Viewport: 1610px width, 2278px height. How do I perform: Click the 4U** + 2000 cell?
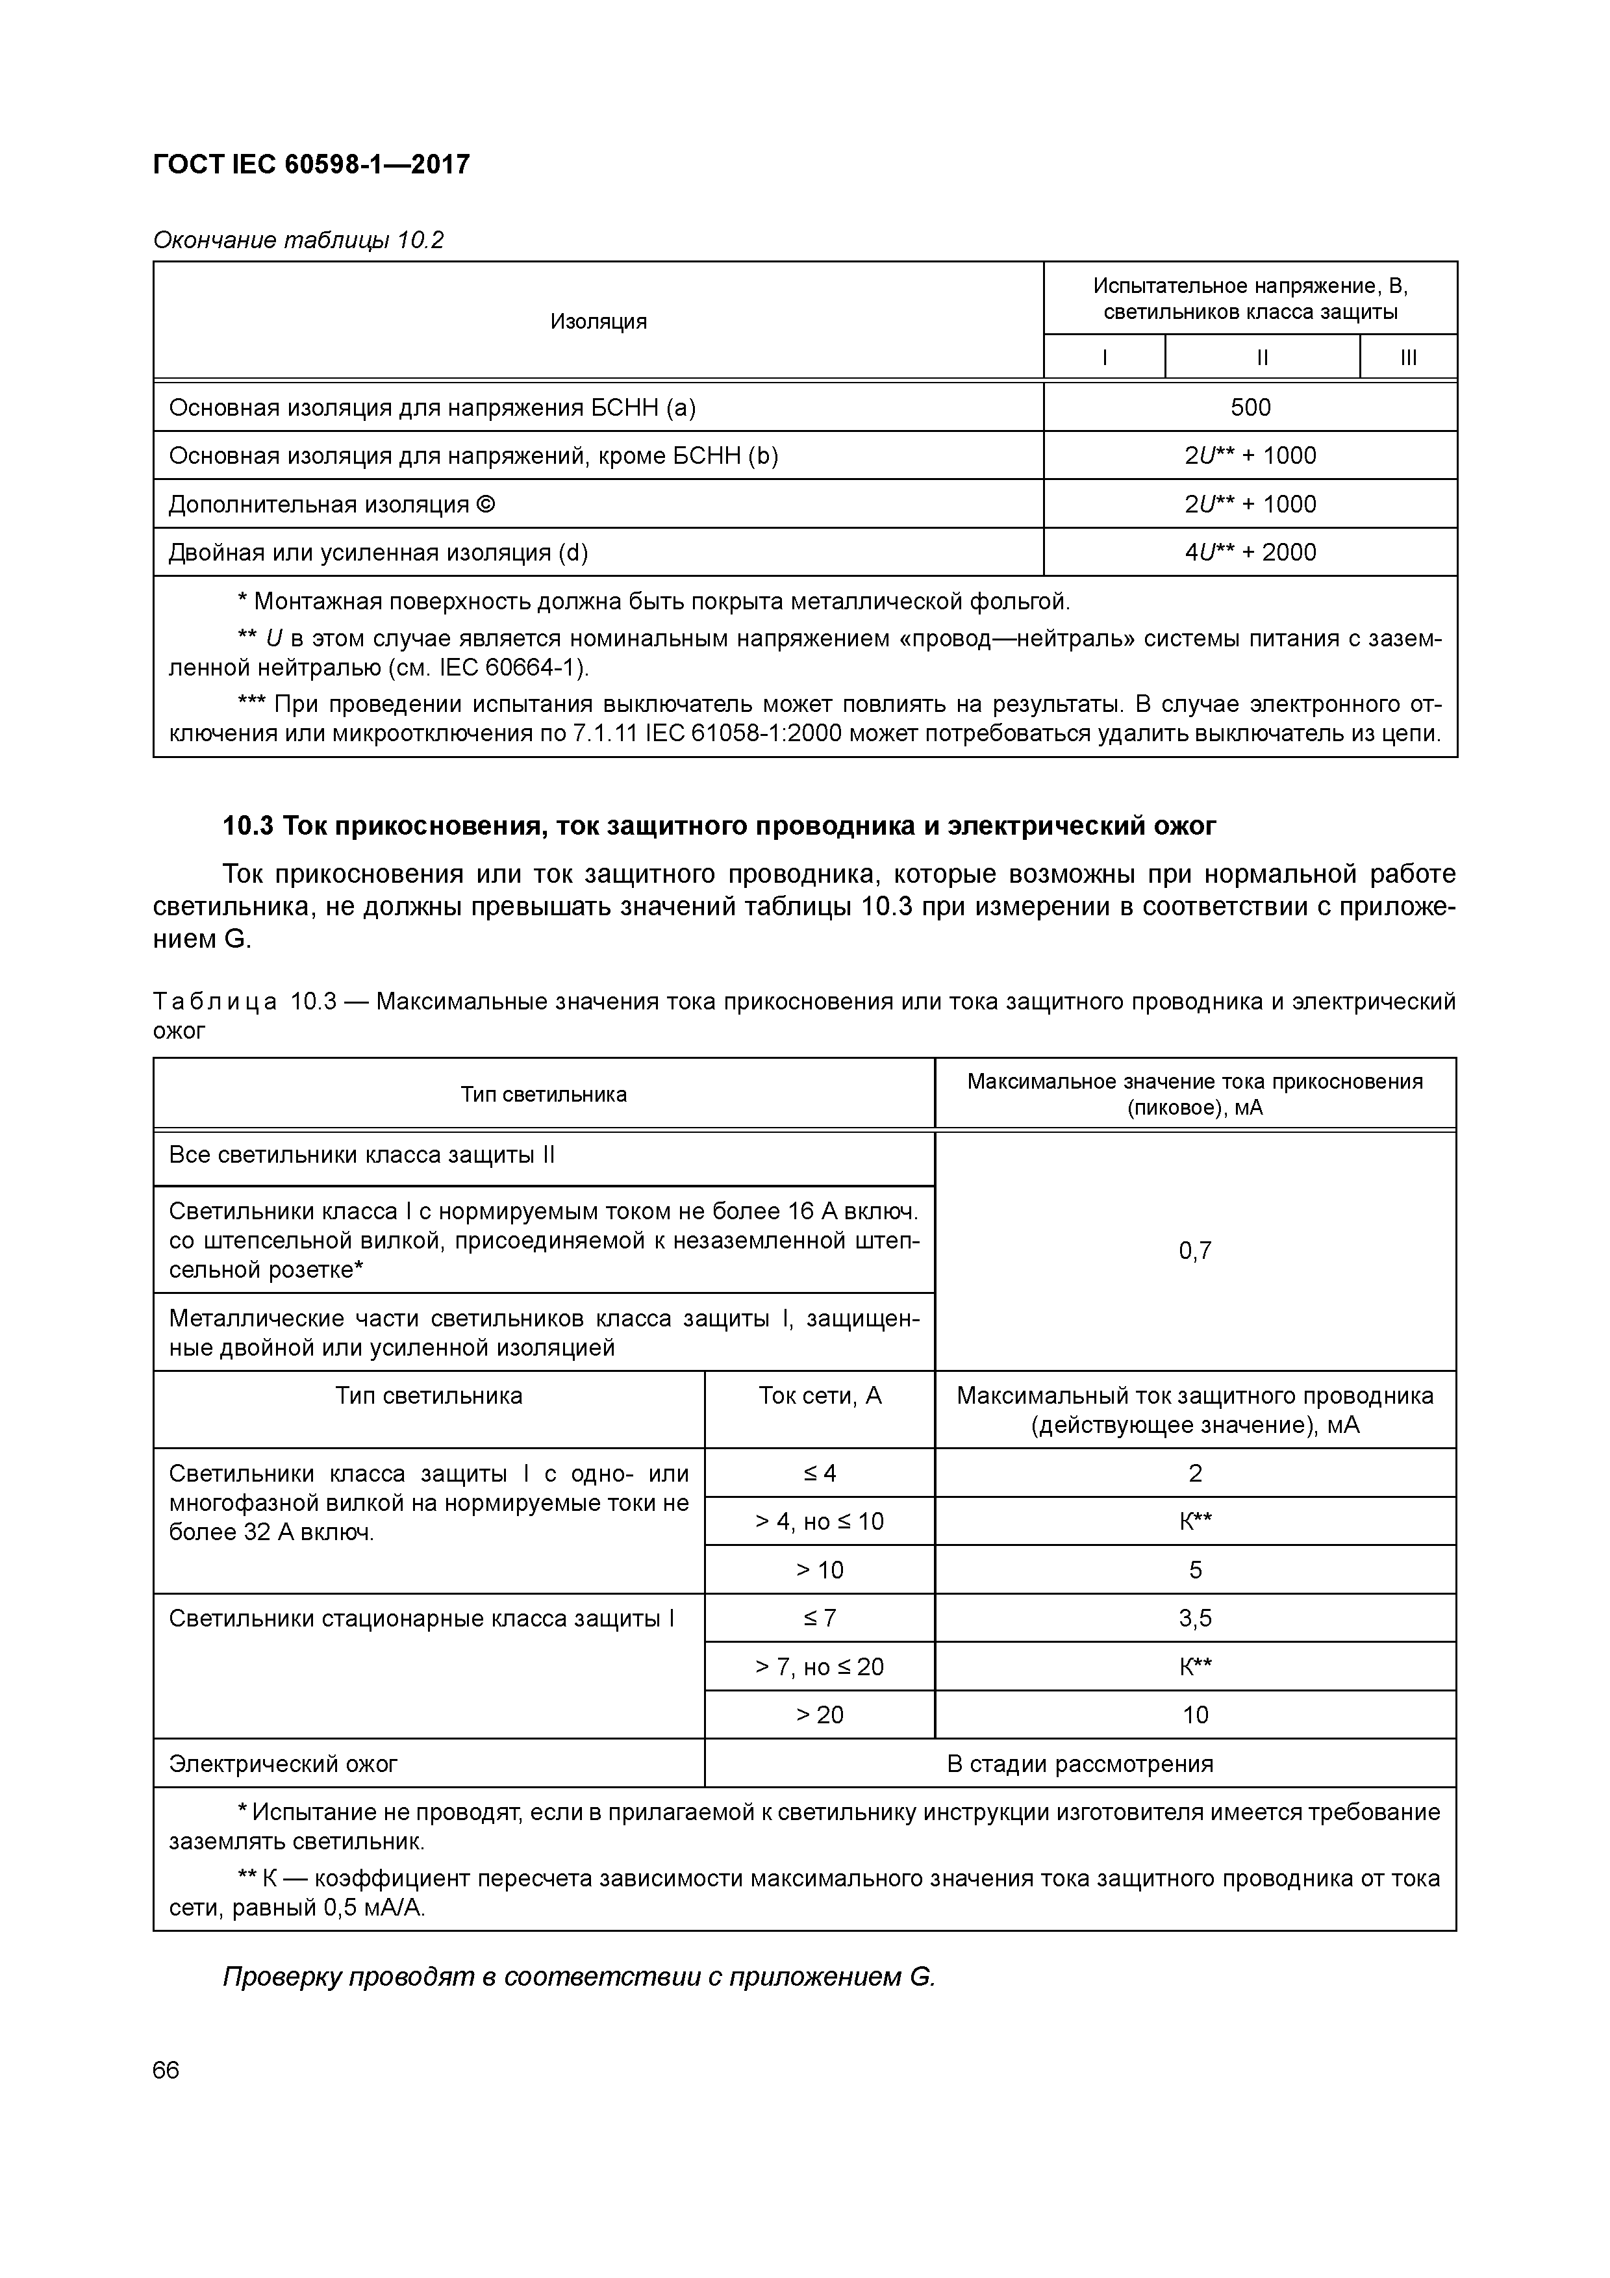point(1250,553)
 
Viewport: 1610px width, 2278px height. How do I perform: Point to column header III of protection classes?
point(1407,358)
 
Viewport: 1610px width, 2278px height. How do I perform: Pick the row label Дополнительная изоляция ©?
point(333,504)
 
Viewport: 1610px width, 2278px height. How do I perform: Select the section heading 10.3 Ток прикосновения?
point(719,826)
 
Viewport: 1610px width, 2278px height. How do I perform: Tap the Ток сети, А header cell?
point(820,1396)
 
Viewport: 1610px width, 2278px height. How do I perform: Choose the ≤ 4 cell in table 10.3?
point(820,1473)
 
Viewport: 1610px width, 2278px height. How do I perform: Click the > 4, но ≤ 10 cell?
point(820,1522)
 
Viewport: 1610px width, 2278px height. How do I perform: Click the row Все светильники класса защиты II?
point(362,1155)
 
